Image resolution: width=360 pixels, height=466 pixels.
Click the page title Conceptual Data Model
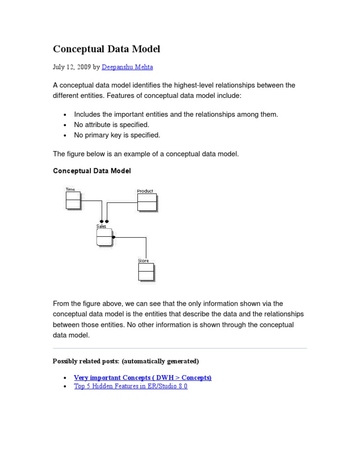click(x=106, y=49)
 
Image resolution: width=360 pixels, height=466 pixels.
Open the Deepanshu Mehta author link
click(x=127, y=67)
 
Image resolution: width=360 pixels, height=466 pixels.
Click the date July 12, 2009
click(x=72, y=67)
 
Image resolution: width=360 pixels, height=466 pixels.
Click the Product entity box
click(x=146, y=202)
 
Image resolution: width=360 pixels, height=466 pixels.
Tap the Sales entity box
click(x=105, y=237)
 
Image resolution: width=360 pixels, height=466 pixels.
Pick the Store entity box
click(x=146, y=272)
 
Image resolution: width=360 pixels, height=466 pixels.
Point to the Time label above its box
click(x=70, y=189)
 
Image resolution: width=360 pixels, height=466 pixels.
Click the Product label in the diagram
click(x=145, y=191)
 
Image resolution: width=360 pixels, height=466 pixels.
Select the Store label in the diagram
click(x=143, y=261)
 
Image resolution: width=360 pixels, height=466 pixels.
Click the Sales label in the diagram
click(x=101, y=226)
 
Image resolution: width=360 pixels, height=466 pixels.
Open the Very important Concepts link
click(x=142, y=377)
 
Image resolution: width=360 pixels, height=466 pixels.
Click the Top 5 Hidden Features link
click(x=131, y=386)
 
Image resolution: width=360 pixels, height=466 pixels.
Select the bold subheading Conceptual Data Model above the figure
click(x=92, y=171)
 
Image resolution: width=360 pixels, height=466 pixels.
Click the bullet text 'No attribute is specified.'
click(x=112, y=125)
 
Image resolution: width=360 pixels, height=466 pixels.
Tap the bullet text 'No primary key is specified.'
click(x=117, y=135)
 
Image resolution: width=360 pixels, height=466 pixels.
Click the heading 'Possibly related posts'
click(x=126, y=361)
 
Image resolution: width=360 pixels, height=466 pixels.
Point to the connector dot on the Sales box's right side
click(x=114, y=237)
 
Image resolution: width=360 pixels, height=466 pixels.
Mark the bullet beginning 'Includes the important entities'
click(x=176, y=114)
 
